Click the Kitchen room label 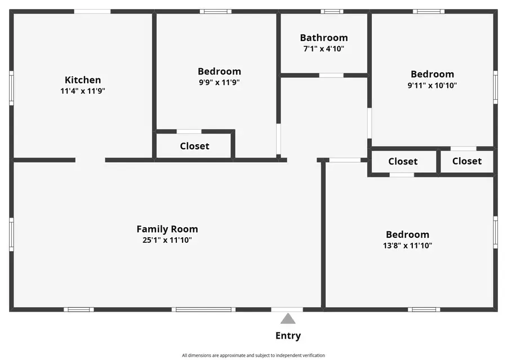tap(83, 80)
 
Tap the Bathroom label tap(324, 38)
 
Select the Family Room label tap(167, 229)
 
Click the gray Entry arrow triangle tap(288, 318)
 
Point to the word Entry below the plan tap(288, 336)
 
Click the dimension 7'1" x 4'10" tap(324, 49)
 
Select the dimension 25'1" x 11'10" tap(167, 240)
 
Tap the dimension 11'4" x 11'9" tap(83, 91)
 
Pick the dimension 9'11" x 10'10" tap(432, 86)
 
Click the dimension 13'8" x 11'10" tap(407, 246)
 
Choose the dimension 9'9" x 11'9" tap(219, 82)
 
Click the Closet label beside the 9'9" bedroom tap(195, 146)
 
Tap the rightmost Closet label tap(467, 161)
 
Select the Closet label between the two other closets tap(403, 161)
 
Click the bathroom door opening tap(331, 75)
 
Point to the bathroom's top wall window tap(332, 12)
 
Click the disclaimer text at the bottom tap(253, 355)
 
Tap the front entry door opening tap(287, 309)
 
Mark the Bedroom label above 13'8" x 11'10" tap(407, 234)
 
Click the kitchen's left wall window tap(11, 88)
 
